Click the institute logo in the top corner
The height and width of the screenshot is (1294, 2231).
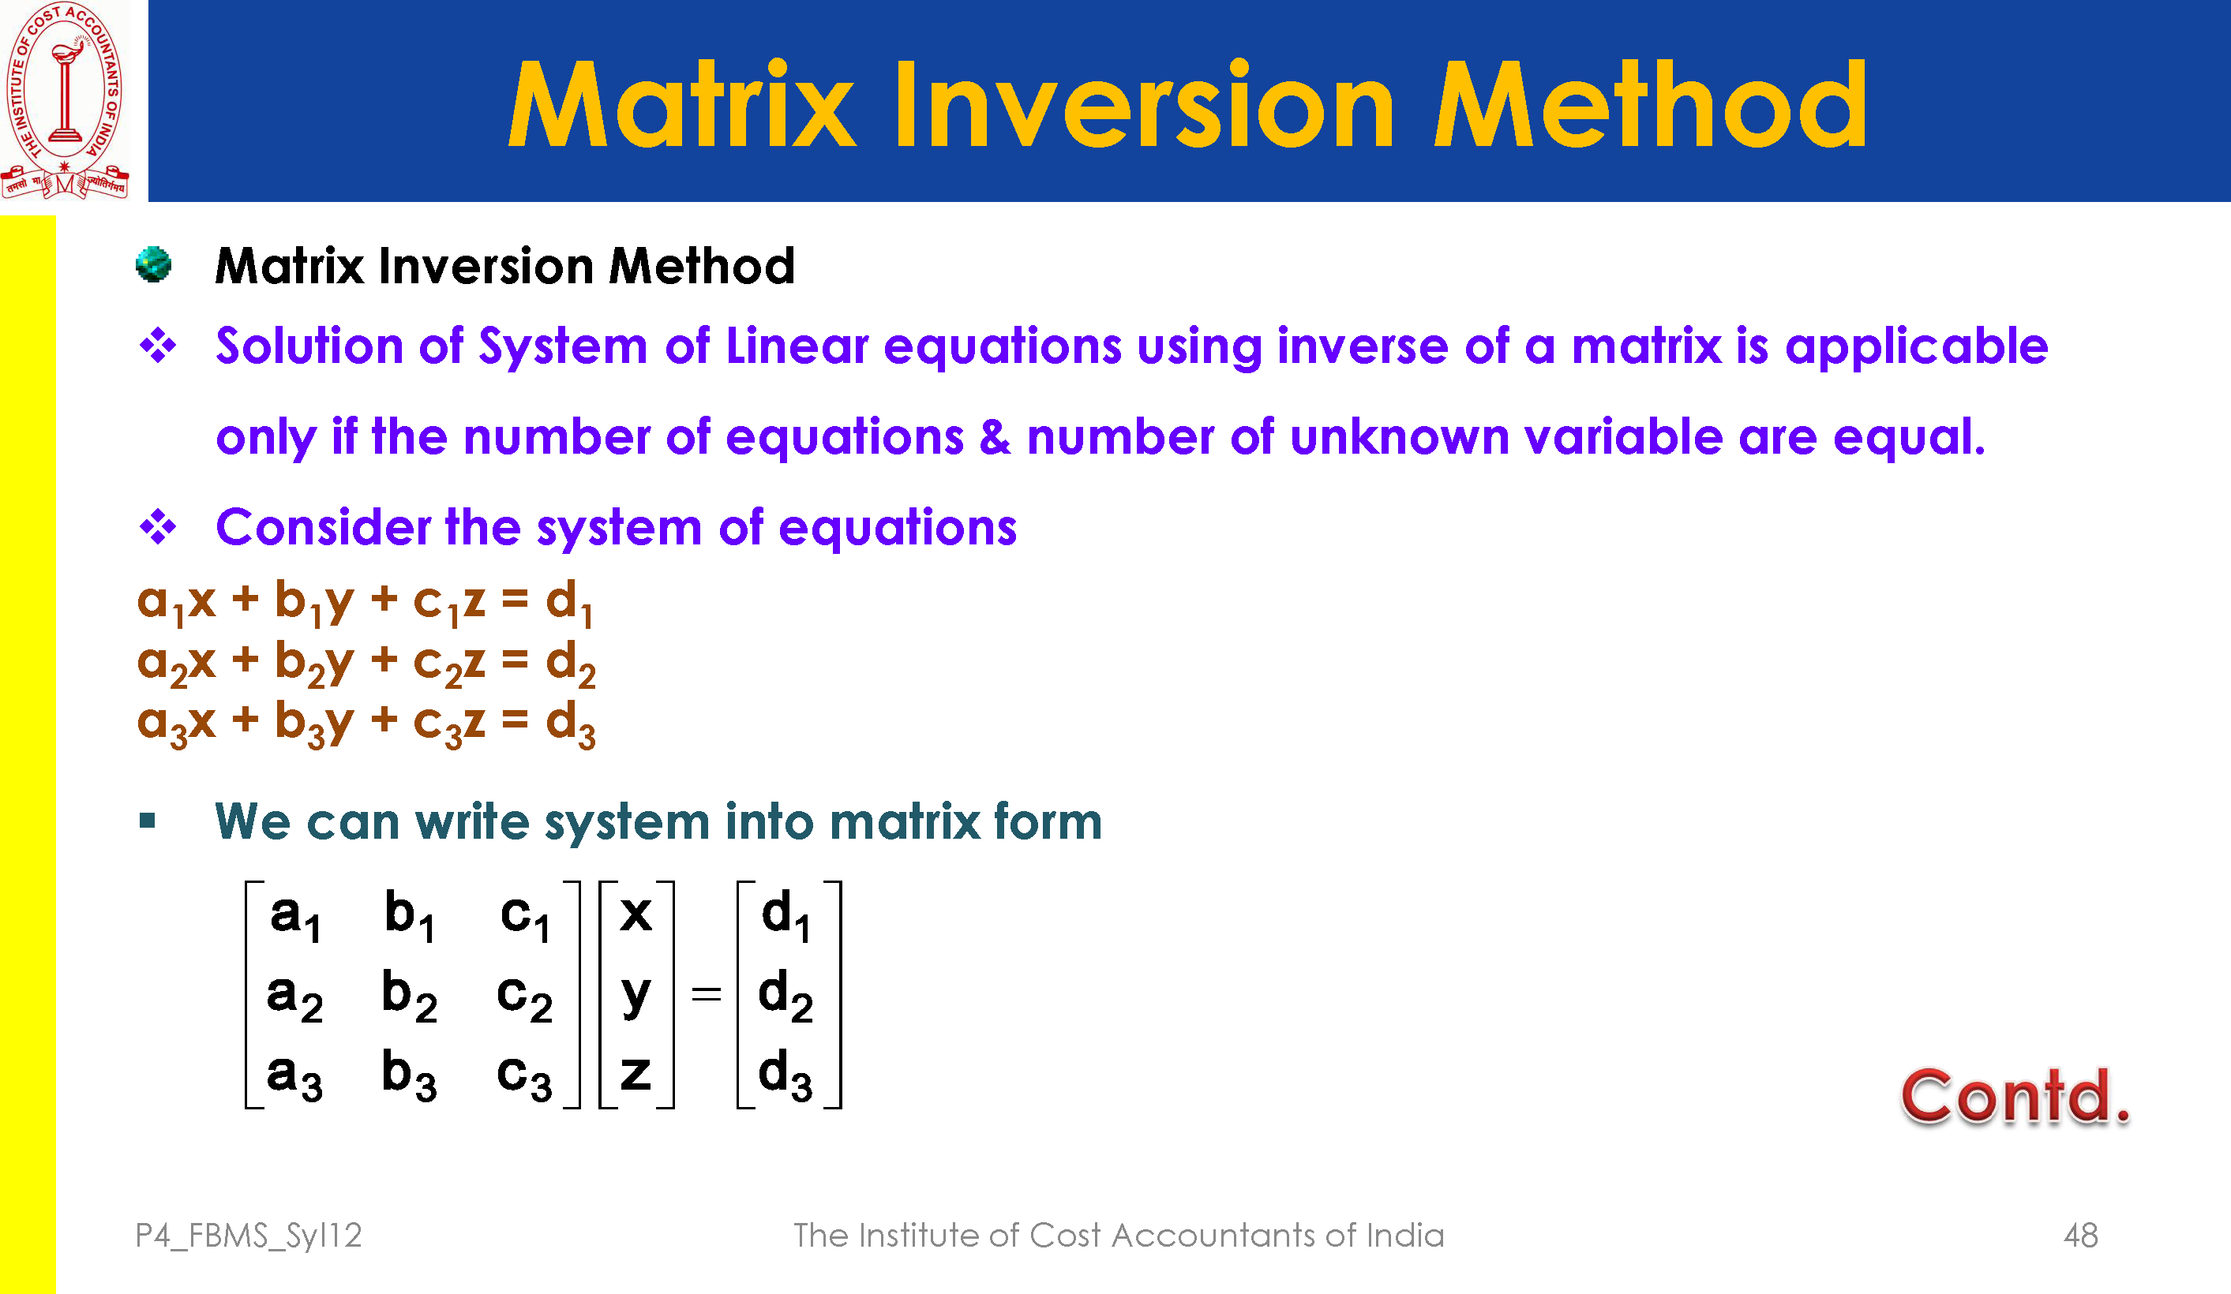(66, 100)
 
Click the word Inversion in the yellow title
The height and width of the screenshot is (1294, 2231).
(1145, 104)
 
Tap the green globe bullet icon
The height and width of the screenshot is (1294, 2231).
(154, 264)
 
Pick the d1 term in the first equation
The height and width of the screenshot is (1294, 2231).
(569, 603)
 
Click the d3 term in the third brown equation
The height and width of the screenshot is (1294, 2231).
(570, 724)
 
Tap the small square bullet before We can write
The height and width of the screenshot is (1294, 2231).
(148, 821)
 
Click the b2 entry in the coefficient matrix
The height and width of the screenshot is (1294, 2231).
(409, 996)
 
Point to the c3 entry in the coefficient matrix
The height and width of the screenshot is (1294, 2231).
(524, 1076)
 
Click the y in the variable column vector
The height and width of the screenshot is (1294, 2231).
(636, 997)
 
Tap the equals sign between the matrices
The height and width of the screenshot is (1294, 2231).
(707, 995)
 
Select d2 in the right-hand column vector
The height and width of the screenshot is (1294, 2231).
(786, 996)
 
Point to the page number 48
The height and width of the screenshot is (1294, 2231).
(2080, 1235)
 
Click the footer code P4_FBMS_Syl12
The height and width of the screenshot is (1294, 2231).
(249, 1236)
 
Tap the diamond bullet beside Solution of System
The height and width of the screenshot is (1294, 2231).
(159, 345)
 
